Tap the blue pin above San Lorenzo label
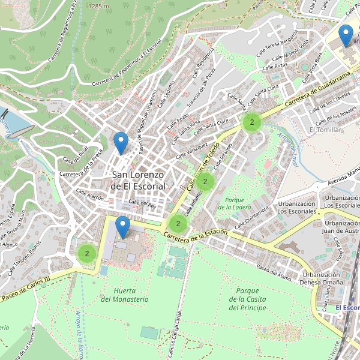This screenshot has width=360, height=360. coord(121,143)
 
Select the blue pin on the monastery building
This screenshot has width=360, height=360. coord(123,227)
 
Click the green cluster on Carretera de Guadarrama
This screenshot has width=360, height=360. coord(251,122)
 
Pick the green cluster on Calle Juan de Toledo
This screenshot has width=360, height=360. coord(205,181)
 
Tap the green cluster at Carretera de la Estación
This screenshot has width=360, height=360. coord(178,224)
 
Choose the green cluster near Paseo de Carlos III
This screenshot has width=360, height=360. coord(87,254)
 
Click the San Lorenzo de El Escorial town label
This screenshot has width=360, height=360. coord(138,180)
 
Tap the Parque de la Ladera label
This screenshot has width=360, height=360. coord(235,203)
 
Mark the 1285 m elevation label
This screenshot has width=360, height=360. coord(98,5)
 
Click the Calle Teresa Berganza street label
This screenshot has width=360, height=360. coord(277,45)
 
